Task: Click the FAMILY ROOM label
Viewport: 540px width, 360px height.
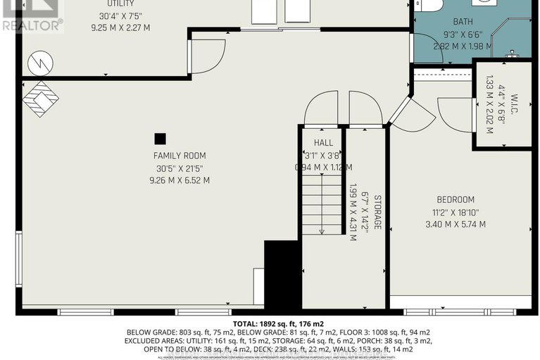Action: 180,156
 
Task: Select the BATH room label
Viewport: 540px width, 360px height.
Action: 463,22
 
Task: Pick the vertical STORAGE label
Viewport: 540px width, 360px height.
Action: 377,211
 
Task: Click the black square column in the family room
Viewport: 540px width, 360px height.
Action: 161,139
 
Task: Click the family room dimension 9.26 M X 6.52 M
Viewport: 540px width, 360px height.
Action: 180,180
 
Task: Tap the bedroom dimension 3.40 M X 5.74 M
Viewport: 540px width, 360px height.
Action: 456,224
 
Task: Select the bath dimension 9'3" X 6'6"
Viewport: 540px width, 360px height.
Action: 463,34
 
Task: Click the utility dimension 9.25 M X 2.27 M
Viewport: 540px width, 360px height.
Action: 120,28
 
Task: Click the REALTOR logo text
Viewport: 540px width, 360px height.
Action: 32,23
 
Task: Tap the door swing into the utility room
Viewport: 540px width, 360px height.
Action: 208,54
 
